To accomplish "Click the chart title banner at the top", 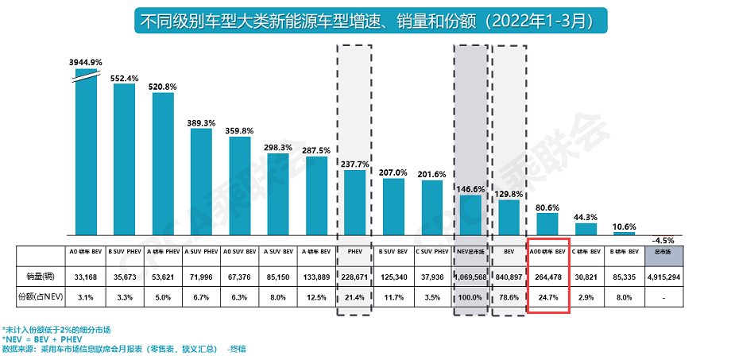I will pos(365,19).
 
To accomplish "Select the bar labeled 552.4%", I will pos(124,159).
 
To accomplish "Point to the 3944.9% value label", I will pos(86,61).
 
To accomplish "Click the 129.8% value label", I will pos(509,192).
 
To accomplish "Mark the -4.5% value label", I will pos(663,239).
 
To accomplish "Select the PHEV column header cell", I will pos(355,253).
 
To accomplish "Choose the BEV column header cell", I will pos(509,253).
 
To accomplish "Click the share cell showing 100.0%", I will pos(470,296).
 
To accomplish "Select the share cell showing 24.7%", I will pos(547,296).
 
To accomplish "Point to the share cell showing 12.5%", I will pos(316,296).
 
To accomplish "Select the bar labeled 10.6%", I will pos(624,234).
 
